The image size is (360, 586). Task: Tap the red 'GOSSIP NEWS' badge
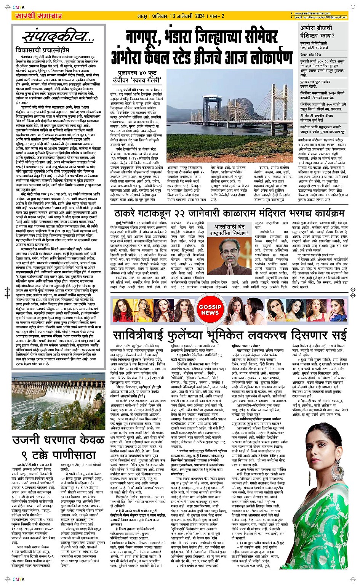coord(210,310)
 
